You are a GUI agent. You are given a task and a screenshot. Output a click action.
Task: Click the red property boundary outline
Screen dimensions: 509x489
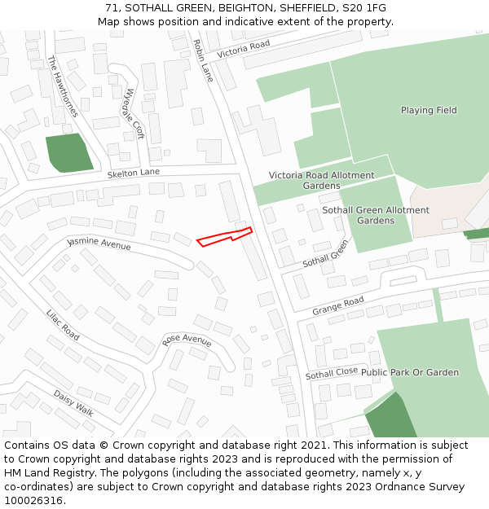click(224, 237)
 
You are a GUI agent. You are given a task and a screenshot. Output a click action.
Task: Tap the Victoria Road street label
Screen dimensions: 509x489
click(243, 49)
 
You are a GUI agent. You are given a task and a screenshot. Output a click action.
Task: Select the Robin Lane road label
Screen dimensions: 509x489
click(203, 60)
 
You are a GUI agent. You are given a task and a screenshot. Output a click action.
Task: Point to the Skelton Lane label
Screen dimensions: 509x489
click(134, 173)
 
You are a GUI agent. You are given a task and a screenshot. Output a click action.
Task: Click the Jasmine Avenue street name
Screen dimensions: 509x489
click(99, 243)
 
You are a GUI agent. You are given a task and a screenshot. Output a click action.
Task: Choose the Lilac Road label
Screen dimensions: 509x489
click(63, 324)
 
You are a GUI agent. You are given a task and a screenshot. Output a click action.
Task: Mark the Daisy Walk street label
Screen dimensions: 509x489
click(73, 401)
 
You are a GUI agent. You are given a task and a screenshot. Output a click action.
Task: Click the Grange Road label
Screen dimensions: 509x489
click(337, 306)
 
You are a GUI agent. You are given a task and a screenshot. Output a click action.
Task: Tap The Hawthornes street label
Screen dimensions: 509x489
click(64, 86)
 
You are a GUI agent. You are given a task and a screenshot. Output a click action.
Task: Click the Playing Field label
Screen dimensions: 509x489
click(429, 110)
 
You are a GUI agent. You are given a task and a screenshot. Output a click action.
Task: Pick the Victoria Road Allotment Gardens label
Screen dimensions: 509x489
click(322, 180)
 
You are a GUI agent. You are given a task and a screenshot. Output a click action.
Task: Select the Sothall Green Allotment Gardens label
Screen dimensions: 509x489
click(376, 215)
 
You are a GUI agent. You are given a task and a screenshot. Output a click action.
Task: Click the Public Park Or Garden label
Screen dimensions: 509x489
click(410, 372)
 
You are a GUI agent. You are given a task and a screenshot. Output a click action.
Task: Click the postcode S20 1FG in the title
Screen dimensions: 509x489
click(368, 8)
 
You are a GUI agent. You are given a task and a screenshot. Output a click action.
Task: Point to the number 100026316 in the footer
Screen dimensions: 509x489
click(35, 500)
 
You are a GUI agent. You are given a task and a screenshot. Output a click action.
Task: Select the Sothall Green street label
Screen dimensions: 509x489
click(326, 254)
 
